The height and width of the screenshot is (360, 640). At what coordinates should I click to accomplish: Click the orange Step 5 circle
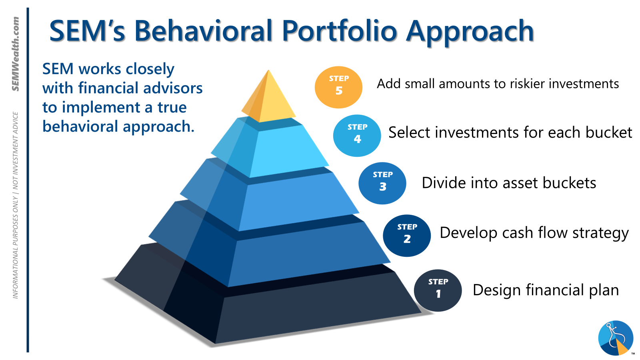(x=338, y=87)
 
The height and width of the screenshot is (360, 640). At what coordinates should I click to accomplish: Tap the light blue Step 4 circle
(x=357, y=136)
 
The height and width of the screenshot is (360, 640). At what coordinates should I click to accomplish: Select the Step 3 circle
(x=382, y=183)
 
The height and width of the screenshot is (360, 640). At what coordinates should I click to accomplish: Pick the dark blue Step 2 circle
(x=407, y=236)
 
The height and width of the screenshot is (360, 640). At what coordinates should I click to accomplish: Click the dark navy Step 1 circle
(x=438, y=290)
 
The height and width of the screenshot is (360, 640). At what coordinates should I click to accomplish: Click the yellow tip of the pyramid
(x=268, y=97)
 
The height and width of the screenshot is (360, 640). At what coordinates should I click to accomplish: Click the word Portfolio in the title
(x=340, y=31)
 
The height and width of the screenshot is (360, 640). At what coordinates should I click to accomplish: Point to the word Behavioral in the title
(x=203, y=30)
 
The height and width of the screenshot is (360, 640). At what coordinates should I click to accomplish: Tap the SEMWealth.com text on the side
(x=16, y=54)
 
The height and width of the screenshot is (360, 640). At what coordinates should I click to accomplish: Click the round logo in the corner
(x=616, y=338)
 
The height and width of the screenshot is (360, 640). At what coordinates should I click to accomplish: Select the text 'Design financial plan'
(x=546, y=290)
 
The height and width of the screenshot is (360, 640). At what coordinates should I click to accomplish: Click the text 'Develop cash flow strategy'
(x=534, y=234)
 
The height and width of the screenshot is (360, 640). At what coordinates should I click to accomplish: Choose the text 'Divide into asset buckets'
(x=509, y=183)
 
